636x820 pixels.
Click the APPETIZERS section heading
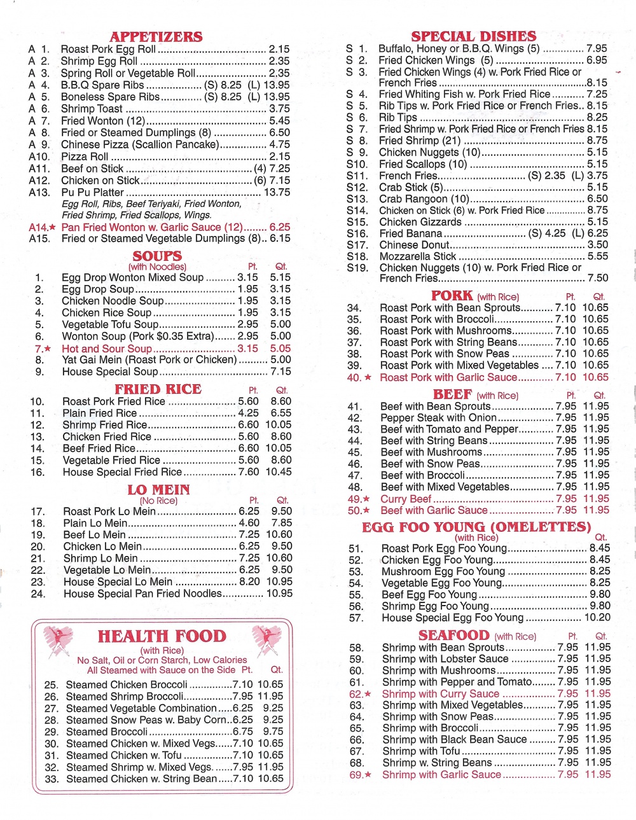(156, 37)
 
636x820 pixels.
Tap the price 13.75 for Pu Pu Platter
(277, 192)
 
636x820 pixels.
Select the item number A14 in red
(39, 227)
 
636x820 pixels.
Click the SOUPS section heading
(157, 256)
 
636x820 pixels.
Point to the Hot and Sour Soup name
(107, 349)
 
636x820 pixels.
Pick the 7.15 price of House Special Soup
(280, 372)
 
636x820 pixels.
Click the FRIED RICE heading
(158, 389)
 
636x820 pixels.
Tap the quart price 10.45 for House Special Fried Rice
(279, 472)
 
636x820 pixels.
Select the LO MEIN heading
(158, 490)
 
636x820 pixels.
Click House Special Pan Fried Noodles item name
(142, 594)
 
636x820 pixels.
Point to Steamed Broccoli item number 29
(52, 732)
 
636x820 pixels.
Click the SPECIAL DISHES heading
(473, 36)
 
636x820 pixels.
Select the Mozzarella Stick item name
(418, 256)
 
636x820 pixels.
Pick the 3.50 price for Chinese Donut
(597, 245)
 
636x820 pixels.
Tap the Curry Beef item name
(406, 499)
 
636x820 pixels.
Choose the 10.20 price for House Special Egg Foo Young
(597, 618)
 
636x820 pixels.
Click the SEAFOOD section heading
(453, 636)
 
